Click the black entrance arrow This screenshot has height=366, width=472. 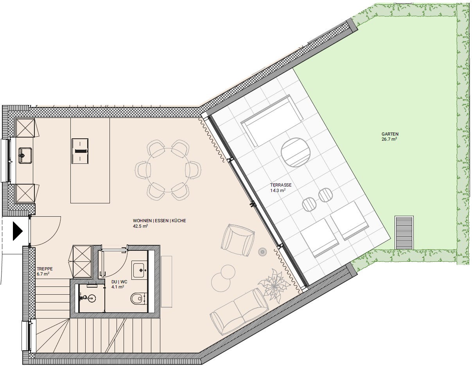click(18, 231)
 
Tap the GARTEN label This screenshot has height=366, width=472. click(390, 134)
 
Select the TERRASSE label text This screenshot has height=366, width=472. click(281, 185)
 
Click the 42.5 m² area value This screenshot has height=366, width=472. click(140, 226)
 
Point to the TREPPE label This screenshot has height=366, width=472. click(45, 268)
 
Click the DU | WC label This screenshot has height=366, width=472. click(119, 282)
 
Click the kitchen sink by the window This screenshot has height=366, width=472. click(25, 155)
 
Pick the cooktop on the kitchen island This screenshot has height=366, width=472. click(80, 151)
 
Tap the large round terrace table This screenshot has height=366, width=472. click(296, 152)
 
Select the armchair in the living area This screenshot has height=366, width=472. click(238, 240)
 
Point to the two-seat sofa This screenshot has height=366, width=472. click(239, 312)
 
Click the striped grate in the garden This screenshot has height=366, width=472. click(404, 232)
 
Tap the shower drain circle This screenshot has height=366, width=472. click(92, 298)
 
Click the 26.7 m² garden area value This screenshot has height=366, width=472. click(389, 139)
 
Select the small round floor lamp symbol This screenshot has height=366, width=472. click(262, 252)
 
